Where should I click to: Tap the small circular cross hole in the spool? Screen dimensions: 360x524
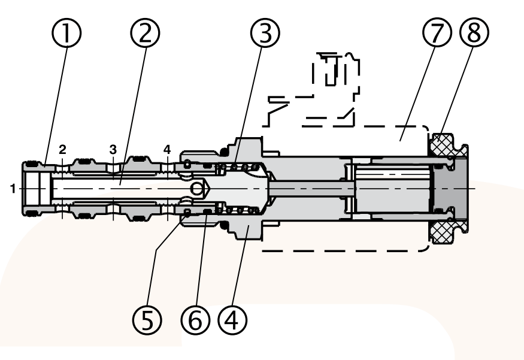click(197, 189)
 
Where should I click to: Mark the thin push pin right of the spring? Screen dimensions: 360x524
click(305, 187)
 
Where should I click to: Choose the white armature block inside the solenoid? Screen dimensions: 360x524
click(392, 189)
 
